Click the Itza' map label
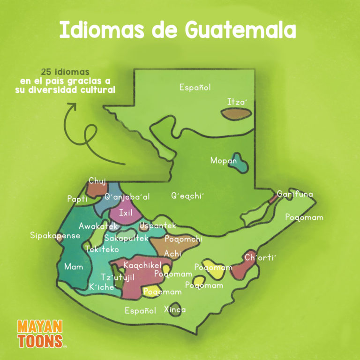pyautogui.click(x=237, y=102)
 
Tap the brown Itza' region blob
pyautogui.click(x=237, y=114)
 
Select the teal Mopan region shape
pyautogui.click(x=241, y=162)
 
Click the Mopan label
pyautogui.click(x=223, y=161)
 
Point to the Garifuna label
pyautogui.click(x=295, y=194)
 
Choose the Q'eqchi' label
pyautogui.click(x=188, y=196)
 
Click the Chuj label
pyautogui.click(x=97, y=181)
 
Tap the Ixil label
pyautogui.click(x=126, y=213)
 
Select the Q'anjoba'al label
pyautogui.click(x=127, y=197)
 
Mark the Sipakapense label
pyautogui.click(x=55, y=235)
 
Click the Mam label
pyautogui.click(x=74, y=267)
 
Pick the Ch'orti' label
pyautogui.click(x=261, y=257)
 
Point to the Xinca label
pyautogui.click(x=175, y=309)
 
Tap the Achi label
pyautogui.click(x=172, y=254)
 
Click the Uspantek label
pyautogui.click(x=157, y=226)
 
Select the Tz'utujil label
pyautogui.click(x=118, y=277)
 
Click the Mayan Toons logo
pyautogui.click(x=40, y=334)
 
